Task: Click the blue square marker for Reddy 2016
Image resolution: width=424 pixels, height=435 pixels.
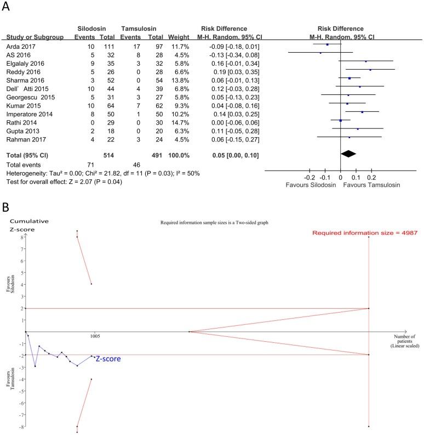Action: pos(370,70)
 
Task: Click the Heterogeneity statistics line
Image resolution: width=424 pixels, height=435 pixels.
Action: pos(103,173)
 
